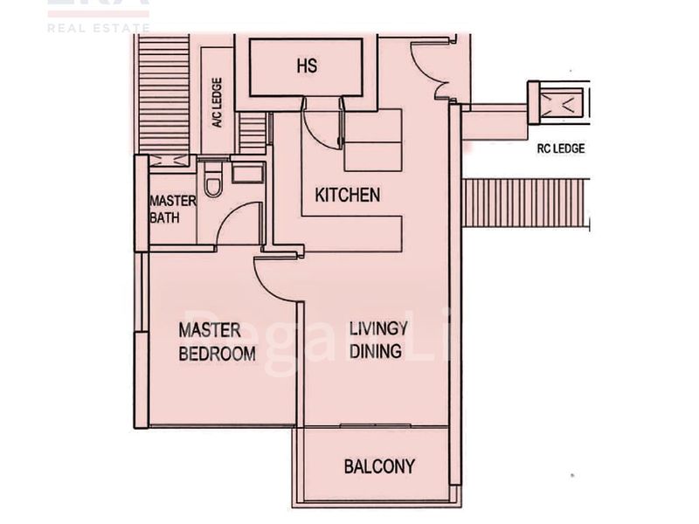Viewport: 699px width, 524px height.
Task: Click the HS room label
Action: (x=306, y=66)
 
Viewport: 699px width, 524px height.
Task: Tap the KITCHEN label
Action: (x=347, y=195)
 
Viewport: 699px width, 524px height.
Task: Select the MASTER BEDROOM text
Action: (x=217, y=341)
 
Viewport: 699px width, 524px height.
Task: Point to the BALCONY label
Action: (x=378, y=466)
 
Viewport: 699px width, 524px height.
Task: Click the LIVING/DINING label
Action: (x=377, y=340)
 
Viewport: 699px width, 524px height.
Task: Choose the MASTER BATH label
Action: (x=172, y=209)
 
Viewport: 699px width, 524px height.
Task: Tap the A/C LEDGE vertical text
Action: (x=217, y=103)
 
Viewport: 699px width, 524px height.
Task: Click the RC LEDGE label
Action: (x=561, y=148)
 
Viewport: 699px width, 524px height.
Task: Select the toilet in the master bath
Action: (x=212, y=183)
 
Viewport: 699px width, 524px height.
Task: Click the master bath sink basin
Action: (x=249, y=171)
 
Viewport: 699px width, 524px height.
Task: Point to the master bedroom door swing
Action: (x=273, y=278)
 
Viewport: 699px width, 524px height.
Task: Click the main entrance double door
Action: (x=433, y=65)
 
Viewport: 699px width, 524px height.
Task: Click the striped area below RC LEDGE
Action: (x=524, y=203)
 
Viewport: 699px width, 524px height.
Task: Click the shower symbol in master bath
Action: (x=169, y=161)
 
